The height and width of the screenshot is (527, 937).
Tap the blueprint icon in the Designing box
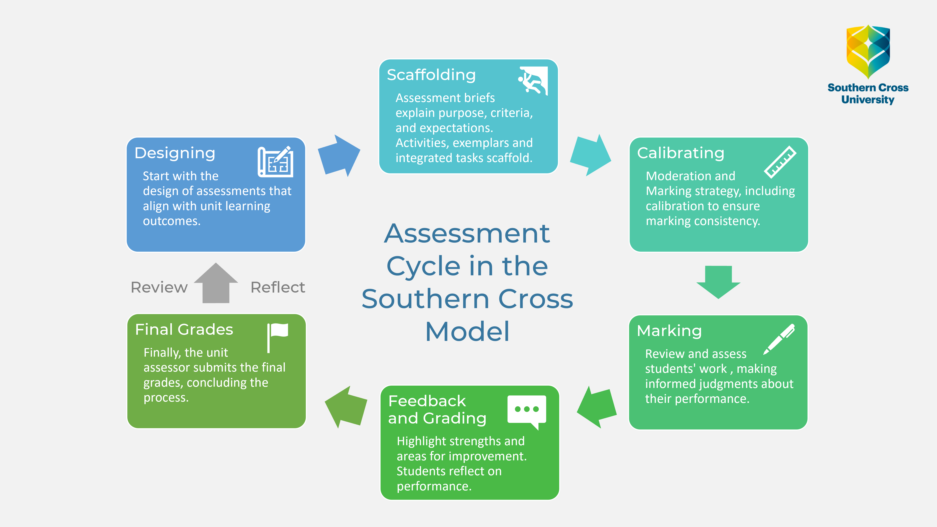[x=275, y=162]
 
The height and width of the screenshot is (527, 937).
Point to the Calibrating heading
[x=681, y=153]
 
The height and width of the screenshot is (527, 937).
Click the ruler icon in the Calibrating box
[x=780, y=162]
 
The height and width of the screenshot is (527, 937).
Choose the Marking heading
[x=669, y=331]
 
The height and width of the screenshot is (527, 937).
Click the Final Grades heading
[x=184, y=330]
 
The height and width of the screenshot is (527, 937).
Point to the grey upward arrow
[x=216, y=283]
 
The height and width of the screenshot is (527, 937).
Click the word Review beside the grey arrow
[x=159, y=287]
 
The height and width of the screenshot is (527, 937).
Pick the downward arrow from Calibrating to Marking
[x=718, y=282]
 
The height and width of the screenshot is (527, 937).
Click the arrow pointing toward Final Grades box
[x=346, y=407]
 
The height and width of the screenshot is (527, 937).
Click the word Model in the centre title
[x=467, y=332]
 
